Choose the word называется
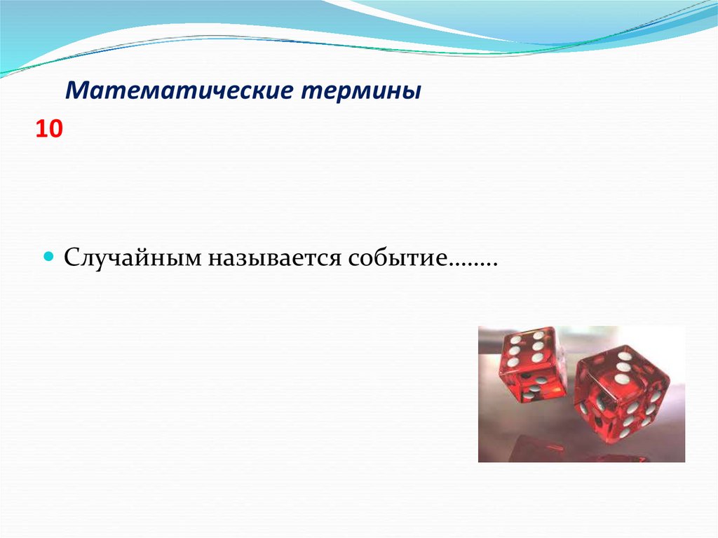271,257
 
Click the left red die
533,365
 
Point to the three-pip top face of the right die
621,368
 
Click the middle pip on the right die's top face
621,368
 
